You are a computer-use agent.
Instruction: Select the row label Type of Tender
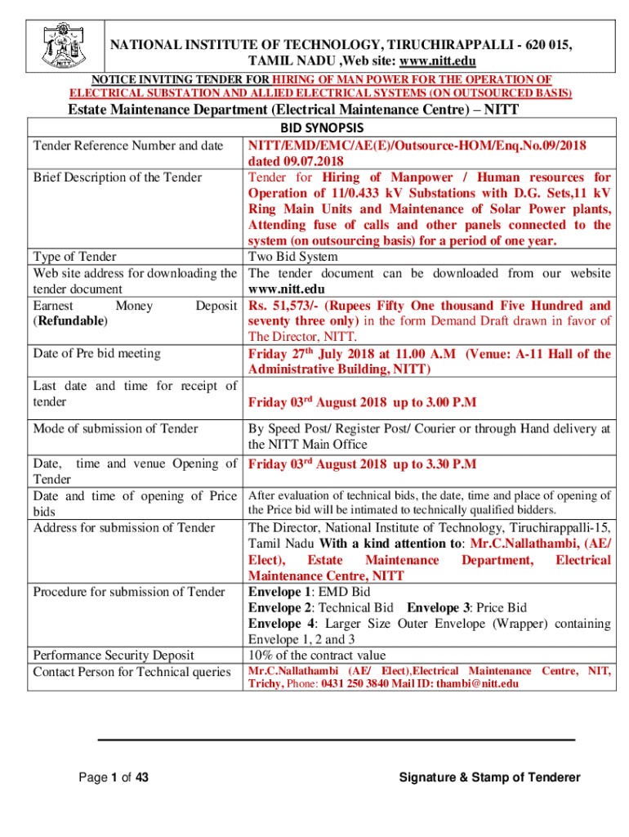coord(74,257)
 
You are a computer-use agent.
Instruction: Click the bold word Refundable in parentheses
coord(69,321)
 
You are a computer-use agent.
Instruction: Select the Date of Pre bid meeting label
coord(96,353)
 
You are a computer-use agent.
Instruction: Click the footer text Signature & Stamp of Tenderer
coord(489,777)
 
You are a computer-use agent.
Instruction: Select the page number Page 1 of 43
coord(113,777)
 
